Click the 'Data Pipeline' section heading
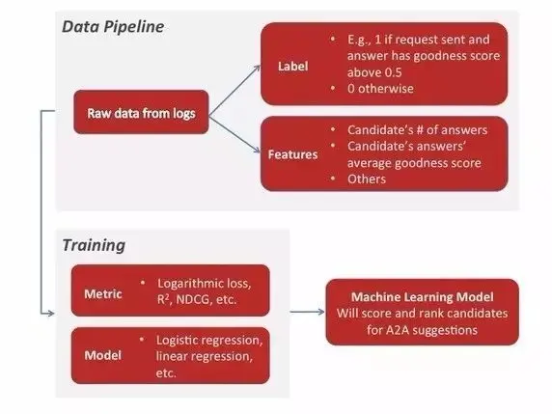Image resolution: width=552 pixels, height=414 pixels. (x=113, y=27)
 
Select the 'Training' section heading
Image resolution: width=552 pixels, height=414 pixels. (x=94, y=245)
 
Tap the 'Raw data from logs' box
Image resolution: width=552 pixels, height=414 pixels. (x=141, y=112)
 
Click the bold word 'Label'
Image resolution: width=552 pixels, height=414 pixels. (x=293, y=67)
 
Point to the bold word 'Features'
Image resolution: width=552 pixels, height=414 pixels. (x=293, y=154)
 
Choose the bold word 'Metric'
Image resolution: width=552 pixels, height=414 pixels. (x=103, y=294)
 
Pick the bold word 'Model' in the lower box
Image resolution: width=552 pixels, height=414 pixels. (x=103, y=355)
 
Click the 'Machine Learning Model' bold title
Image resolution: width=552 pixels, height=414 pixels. (x=422, y=297)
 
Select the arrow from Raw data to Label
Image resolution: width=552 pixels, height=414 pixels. (x=235, y=90)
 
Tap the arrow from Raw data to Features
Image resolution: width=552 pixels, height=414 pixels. (x=235, y=135)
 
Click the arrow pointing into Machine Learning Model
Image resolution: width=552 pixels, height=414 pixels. (x=307, y=312)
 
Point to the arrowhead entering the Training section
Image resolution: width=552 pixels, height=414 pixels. (x=51, y=313)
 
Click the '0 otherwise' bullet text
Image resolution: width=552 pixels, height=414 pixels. (x=380, y=89)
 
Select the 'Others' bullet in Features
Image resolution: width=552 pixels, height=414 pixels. (x=367, y=179)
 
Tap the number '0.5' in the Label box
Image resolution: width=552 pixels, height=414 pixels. (x=393, y=72)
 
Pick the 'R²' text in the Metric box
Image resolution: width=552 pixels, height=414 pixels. (x=163, y=299)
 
